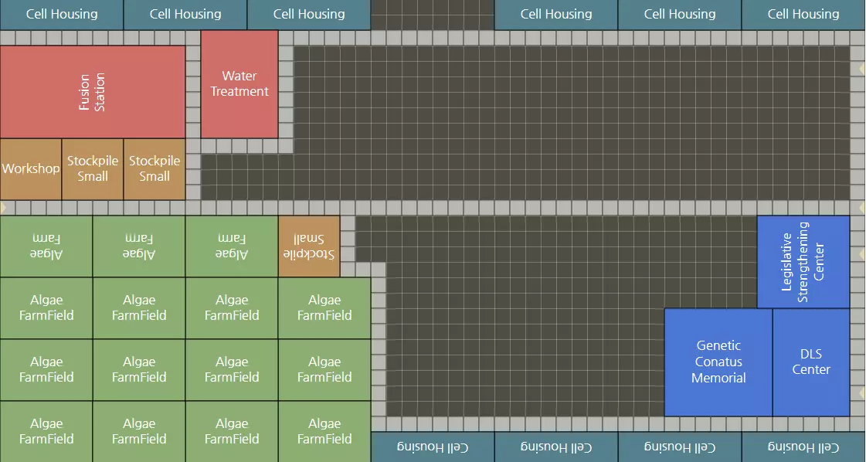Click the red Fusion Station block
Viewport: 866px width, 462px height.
coord(93,92)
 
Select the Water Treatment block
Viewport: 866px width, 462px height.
coord(239,83)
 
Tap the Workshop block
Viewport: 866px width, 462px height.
coord(31,169)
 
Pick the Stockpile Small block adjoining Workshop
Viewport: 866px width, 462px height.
coord(93,169)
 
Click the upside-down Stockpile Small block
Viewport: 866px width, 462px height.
coord(309,246)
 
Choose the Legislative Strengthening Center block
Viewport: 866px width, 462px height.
coord(803,262)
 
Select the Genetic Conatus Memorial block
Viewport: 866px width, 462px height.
coord(718,362)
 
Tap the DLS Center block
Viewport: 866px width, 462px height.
coord(811,362)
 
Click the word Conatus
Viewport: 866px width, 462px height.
coord(718,362)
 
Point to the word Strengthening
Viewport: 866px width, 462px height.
coord(803,262)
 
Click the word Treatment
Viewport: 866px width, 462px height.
coord(239,91)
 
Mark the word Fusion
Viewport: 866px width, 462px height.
coord(85,92)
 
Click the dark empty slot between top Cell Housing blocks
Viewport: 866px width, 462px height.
coord(433,14)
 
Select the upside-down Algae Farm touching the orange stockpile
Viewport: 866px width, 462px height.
coord(232,246)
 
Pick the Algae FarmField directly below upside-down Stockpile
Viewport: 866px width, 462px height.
coord(324,308)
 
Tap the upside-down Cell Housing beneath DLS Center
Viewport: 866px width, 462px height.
coord(803,447)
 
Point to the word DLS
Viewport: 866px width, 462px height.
coord(811,354)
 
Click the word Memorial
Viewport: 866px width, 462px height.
coord(718,378)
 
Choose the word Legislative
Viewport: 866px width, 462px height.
coord(787,262)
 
